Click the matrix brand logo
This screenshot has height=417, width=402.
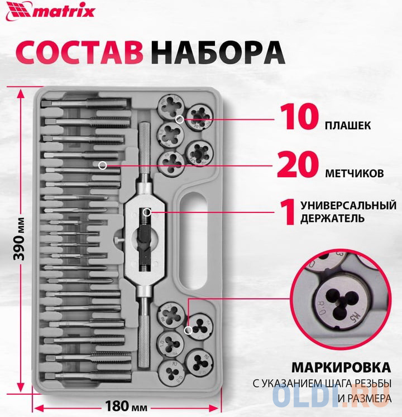point(51,12)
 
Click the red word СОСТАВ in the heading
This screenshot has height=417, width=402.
point(80,52)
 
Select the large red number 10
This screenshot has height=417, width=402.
point(299,117)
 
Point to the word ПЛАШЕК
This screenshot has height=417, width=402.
point(348,125)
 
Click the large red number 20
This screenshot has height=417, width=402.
point(298,164)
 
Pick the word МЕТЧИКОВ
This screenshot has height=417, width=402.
point(355,173)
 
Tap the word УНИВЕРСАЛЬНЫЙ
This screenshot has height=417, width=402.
point(348,206)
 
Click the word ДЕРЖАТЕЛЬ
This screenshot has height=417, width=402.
point(332,219)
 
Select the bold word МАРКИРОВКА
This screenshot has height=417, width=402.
point(341,367)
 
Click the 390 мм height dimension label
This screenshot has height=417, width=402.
point(20,239)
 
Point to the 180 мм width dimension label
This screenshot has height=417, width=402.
point(126,406)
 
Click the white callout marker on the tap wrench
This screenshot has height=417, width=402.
point(147,212)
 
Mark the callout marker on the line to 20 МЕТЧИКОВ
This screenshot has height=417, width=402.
point(103,166)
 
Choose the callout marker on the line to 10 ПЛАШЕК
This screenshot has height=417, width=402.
point(180,119)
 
